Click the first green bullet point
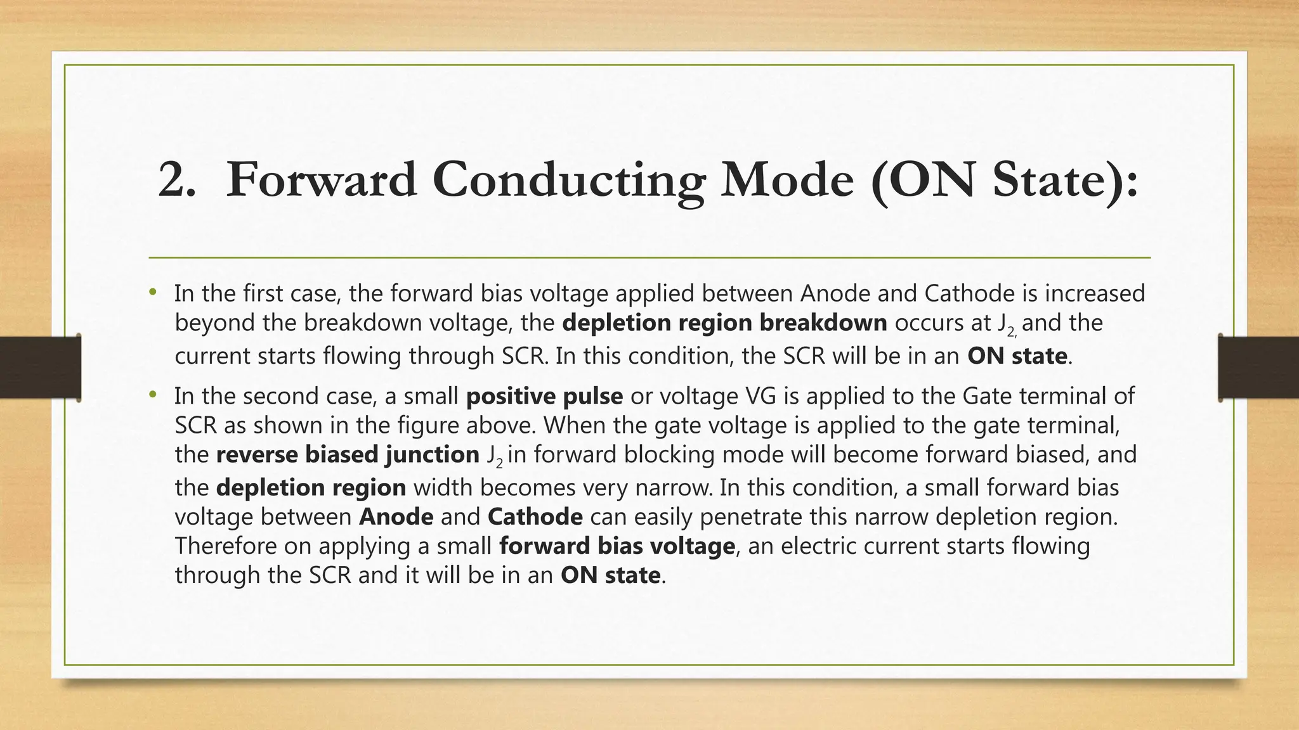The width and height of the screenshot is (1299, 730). point(152,293)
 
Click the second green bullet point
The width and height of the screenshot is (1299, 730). point(152,395)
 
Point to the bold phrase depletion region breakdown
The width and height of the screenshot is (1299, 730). point(724,323)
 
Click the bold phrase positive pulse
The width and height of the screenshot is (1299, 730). point(544,396)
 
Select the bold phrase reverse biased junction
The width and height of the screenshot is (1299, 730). point(348,454)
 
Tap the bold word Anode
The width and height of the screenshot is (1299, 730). point(396,516)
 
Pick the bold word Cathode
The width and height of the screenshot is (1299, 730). point(535,516)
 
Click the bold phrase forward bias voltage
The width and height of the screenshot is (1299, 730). point(617,546)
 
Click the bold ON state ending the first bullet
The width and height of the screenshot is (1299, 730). point(1017,356)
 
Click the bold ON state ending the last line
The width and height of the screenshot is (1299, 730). point(610,575)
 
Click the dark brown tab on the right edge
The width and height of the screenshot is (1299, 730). point(1258,368)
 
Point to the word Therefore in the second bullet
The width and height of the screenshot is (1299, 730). point(225,546)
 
